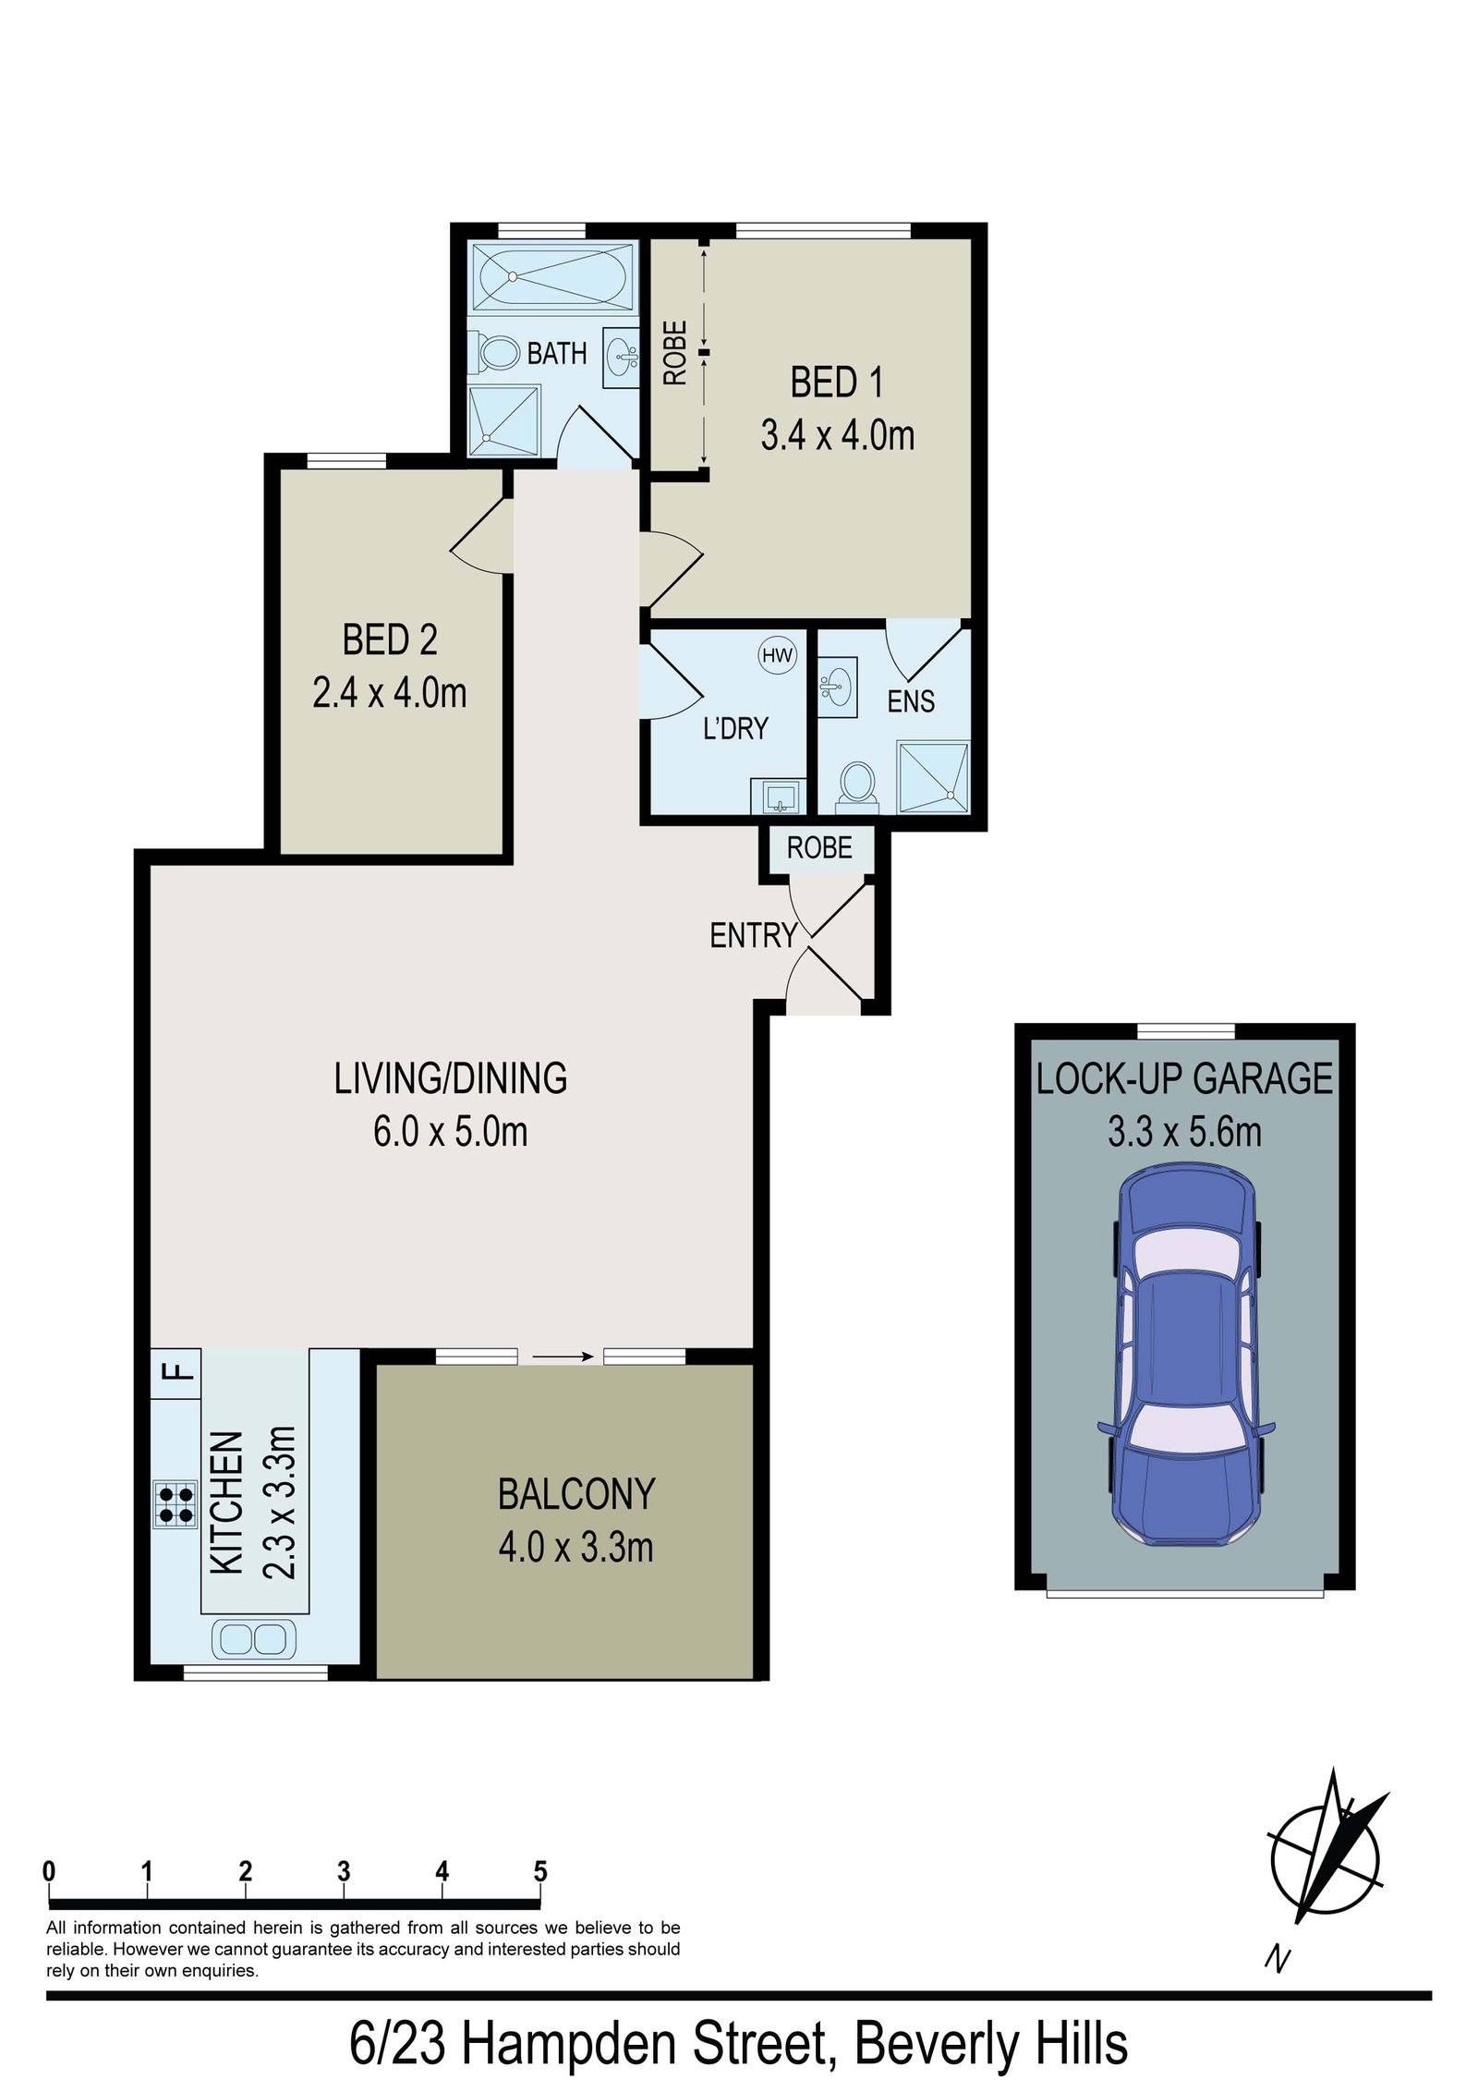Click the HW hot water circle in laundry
[x=777, y=655]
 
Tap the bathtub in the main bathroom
[x=552, y=275]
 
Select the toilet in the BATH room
[x=498, y=352]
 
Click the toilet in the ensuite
[x=856, y=783]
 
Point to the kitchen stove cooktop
[x=176, y=1504]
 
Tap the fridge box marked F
[x=176, y=1369]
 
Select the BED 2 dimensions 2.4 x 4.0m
[x=389, y=693]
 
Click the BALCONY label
[x=576, y=1494]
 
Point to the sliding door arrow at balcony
[x=561, y=1356]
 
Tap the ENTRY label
[x=753, y=936]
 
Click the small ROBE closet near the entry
[x=818, y=847]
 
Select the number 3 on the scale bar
[x=344, y=1871]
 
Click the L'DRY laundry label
[x=735, y=728]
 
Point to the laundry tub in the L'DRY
[x=779, y=795]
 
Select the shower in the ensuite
[x=933, y=776]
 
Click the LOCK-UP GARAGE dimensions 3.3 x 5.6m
[x=1184, y=1132]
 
